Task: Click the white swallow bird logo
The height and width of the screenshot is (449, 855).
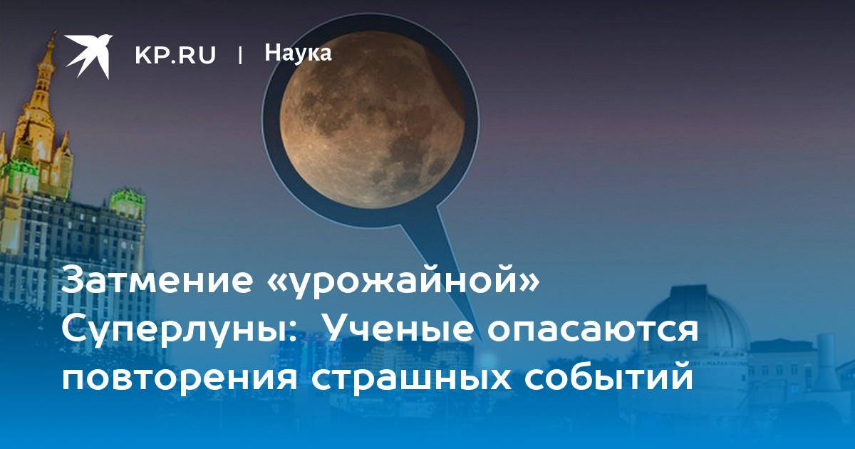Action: point(88,56)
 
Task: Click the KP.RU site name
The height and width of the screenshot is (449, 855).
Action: point(175,56)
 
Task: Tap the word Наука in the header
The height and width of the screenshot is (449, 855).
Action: point(298,53)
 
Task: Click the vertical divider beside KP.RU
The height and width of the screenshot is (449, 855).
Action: point(240,56)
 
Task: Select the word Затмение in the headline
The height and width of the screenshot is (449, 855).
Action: point(157,279)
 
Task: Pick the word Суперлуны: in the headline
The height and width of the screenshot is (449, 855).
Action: point(179,331)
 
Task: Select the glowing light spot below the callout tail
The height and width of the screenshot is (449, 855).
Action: point(487,359)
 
